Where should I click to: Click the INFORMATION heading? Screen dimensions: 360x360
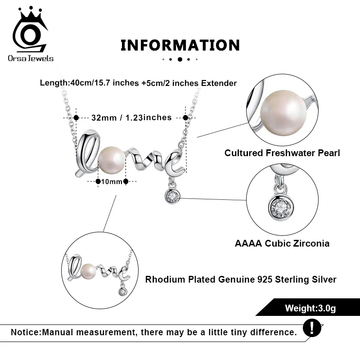180,45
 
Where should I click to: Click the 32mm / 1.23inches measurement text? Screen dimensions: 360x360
131,117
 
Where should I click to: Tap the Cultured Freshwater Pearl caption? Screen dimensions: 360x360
282,153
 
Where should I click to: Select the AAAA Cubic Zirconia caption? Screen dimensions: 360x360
282,243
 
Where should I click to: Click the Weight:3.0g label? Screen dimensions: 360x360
310,308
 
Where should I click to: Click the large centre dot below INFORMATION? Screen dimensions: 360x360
180,59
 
